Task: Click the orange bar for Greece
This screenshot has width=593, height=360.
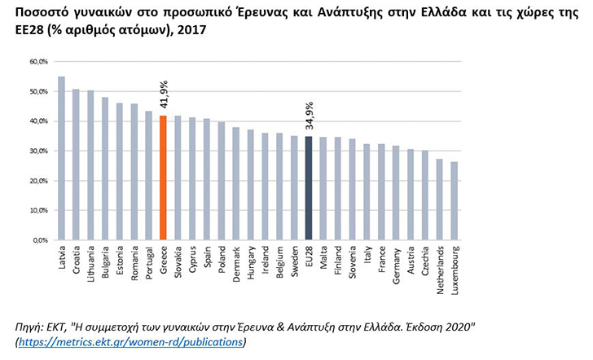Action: click(x=163, y=178)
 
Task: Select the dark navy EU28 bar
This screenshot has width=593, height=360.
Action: click(x=309, y=188)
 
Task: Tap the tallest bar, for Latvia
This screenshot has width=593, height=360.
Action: click(x=61, y=158)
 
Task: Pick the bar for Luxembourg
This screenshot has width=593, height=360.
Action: click(x=455, y=201)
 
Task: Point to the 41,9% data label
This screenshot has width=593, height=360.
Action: click(x=164, y=94)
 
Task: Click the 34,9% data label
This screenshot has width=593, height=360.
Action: click(x=310, y=116)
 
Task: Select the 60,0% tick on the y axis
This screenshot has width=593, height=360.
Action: click(x=38, y=62)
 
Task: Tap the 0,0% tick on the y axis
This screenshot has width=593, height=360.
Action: click(x=41, y=240)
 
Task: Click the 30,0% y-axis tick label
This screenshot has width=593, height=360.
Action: click(x=38, y=151)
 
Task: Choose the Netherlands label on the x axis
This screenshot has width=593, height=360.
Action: click(x=440, y=270)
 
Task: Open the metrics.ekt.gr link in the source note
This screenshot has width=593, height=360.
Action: click(x=130, y=342)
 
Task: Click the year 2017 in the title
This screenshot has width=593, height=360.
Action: click(x=191, y=29)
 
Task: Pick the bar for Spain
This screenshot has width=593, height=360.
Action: click(x=207, y=179)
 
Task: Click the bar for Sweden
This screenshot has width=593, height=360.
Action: click(x=294, y=188)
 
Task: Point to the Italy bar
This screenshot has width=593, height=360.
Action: click(x=367, y=191)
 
